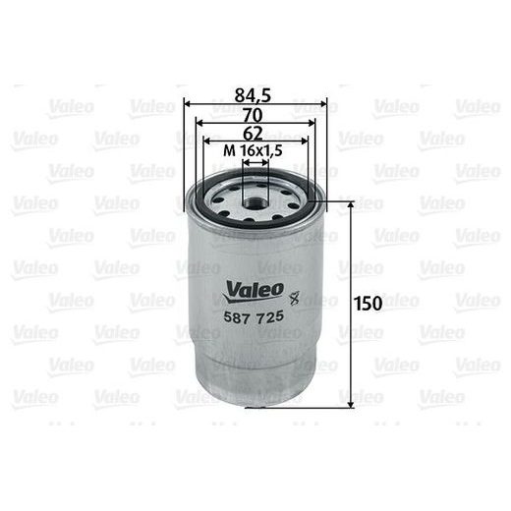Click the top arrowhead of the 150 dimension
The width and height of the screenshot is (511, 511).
pyautogui.click(x=348, y=203)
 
